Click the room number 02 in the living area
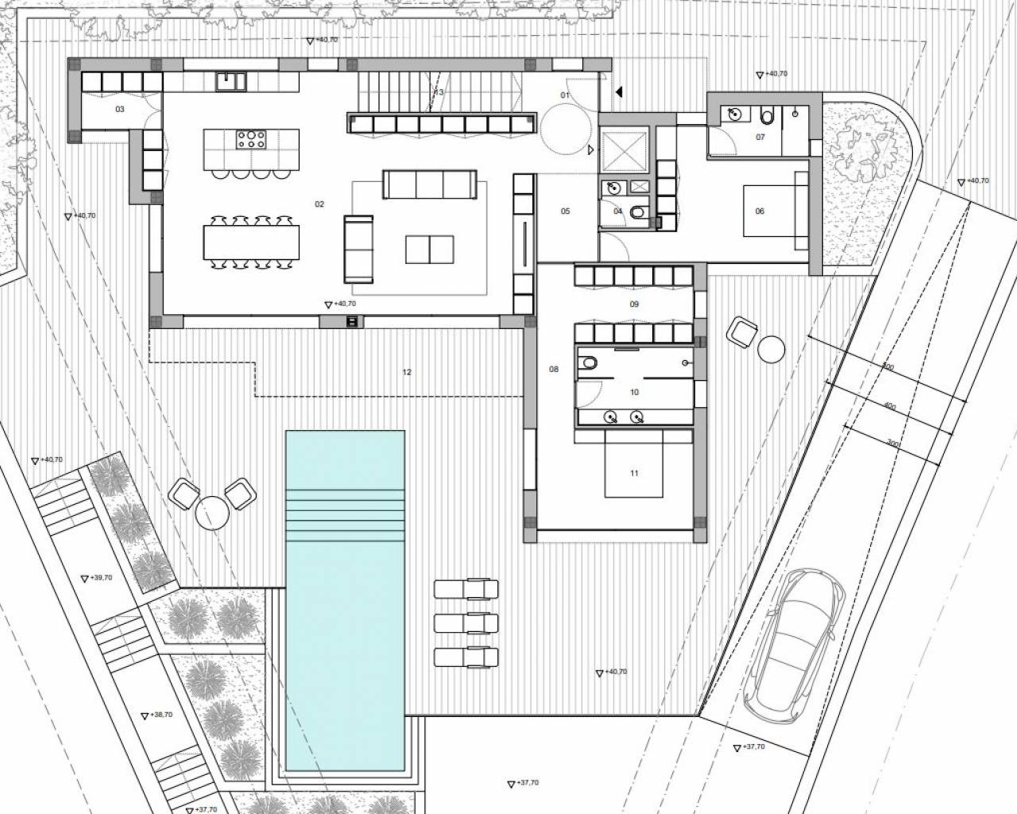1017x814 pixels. click(319, 204)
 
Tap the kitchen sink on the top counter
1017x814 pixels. click(233, 79)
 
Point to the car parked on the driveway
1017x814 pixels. click(793, 641)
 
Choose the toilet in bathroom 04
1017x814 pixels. click(636, 212)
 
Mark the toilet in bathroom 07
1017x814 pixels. click(767, 117)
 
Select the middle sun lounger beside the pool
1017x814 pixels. click(466, 622)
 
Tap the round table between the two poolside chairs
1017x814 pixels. click(211, 513)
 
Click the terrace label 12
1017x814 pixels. click(407, 372)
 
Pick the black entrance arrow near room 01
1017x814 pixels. click(618, 92)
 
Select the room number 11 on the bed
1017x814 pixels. click(634, 474)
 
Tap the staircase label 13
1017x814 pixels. click(439, 93)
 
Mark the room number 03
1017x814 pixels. click(120, 109)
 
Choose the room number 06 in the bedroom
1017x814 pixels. click(760, 211)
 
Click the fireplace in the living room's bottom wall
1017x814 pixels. click(352, 321)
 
